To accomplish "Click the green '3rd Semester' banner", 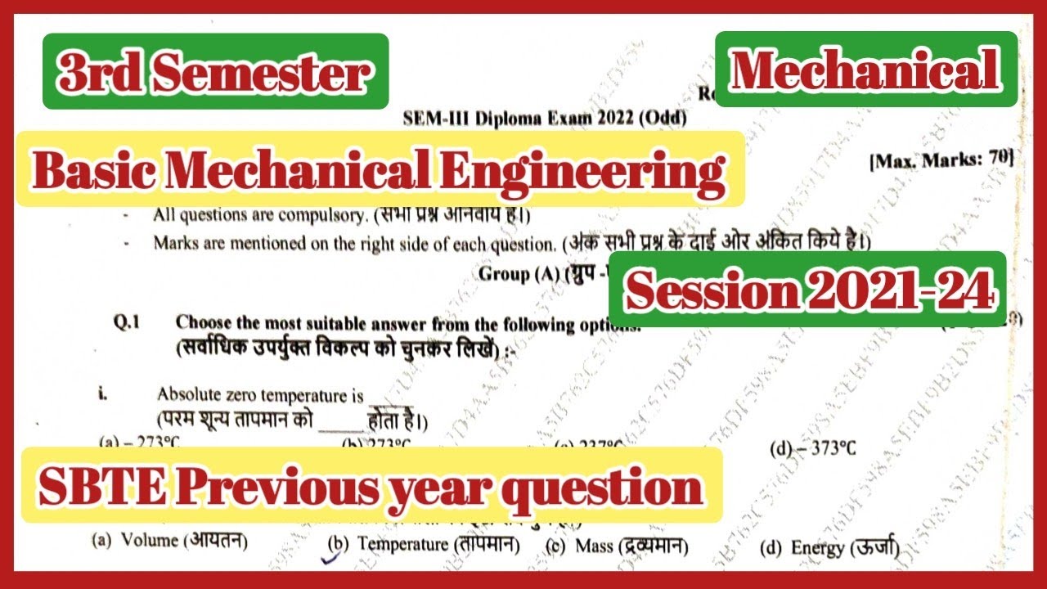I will pyautogui.click(x=214, y=72).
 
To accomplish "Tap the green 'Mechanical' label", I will pyautogui.click(x=865, y=70).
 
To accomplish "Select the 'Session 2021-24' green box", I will pyautogui.click(x=810, y=290).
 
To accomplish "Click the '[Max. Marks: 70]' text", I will pyautogui.click(x=941, y=160).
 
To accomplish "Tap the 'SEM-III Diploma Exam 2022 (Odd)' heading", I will pyautogui.click(x=545, y=117).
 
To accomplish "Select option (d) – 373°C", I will pyautogui.click(x=813, y=449).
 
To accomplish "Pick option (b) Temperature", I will pyautogui.click(x=424, y=544).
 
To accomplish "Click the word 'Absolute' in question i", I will pyautogui.click(x=186, y=396).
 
